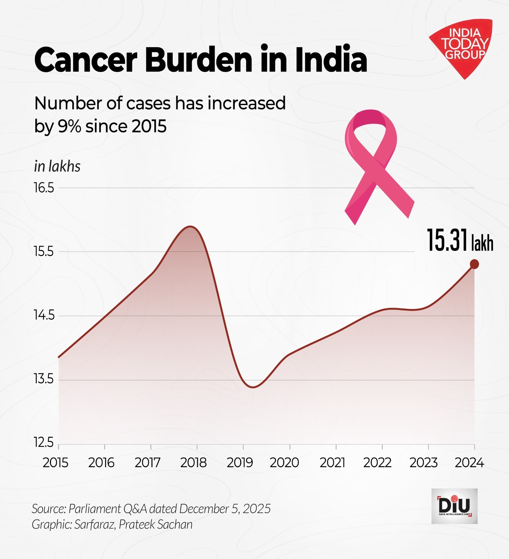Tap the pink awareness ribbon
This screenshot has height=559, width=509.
pyautogui.click(x=375, y=164)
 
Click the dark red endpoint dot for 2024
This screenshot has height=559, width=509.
pyautogui.click(x=474, y=264)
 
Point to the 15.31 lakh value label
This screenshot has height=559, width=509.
pyautogui.click(x=460, y=240)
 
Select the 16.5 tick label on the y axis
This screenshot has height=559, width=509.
pyautogui.click(x=44, y=188)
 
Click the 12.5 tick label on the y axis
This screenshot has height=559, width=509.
pyautogui.click(x=44, y=443)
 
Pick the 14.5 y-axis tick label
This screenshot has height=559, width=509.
pyautogui.click(x=44, y=315)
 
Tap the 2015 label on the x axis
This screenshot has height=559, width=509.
pyautogui.click(x=56, y=463)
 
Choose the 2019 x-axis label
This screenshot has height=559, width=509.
pyautogui.click(x=240, y=463)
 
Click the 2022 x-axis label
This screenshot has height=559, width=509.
pyautogui.click(x=377, y=463)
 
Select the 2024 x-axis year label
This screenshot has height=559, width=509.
pyautogui.click(x=469, y=463)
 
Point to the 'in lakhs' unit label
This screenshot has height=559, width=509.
pyautogui.click(x=57, y=167)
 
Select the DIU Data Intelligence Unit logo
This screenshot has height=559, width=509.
pyautogui.click(x=454, y=506)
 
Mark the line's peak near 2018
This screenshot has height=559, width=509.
pyautogui.click(x=190, y=226)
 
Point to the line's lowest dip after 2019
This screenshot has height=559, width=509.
pyautogui.click(x=253, y=387)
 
